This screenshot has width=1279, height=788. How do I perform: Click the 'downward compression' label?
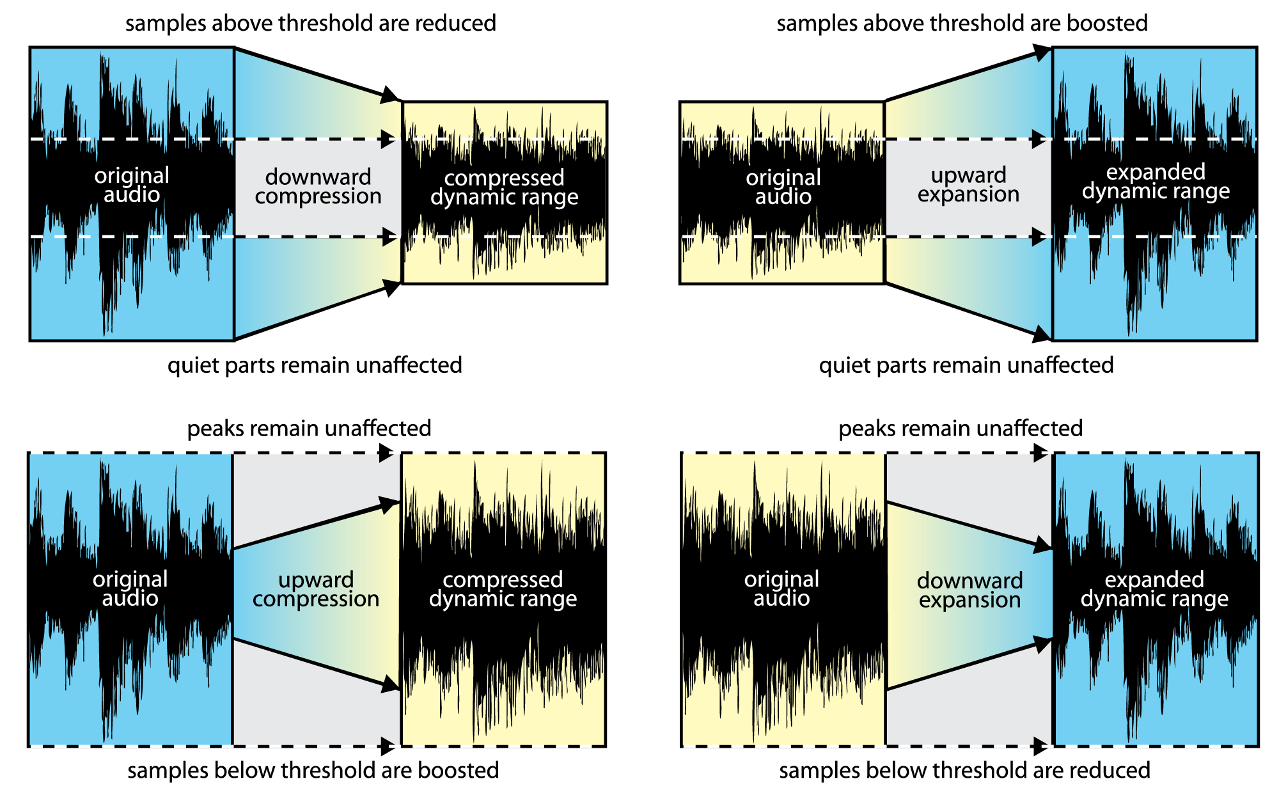(318, 186)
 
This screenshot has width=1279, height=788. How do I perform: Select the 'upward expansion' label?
(968, 184)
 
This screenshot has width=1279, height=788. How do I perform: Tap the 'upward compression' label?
(316, 589)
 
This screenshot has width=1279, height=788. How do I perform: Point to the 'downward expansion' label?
(969, 590)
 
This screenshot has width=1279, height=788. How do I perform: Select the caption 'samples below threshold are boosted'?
(313, 770)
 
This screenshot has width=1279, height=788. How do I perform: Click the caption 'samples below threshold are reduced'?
(964, 770)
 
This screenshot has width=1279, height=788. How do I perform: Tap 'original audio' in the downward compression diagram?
(132, 185)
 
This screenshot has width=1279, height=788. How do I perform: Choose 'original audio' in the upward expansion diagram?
(783, 187)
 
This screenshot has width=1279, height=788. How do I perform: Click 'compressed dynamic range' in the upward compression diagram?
(503, 589)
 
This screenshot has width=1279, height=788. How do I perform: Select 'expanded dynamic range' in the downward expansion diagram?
(1154, 589)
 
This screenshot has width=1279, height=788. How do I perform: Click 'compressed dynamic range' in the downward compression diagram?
(504, 187)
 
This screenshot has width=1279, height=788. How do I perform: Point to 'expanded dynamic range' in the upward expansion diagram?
(1156, 181)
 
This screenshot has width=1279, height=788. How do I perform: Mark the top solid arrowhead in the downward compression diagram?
(389, 95)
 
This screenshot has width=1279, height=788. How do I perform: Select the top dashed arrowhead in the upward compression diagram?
(387, 453)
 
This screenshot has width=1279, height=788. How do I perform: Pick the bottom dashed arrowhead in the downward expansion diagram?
(1040, 746)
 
